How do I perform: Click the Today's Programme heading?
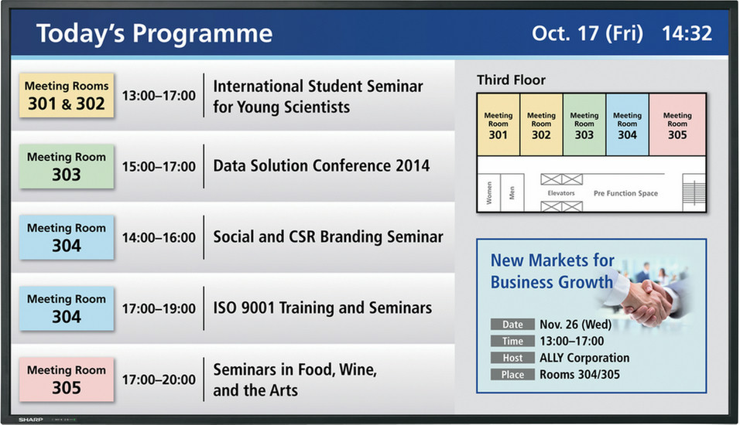[154, 34]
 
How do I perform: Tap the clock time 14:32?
[687, 33]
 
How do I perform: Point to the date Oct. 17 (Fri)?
[587, 33]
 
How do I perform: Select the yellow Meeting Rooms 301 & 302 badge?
[67, 95]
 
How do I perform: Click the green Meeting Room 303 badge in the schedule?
[67, 166]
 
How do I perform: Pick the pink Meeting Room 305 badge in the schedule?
[67, 379]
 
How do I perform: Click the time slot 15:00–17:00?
[159, 166]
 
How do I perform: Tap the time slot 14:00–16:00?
[159, 237]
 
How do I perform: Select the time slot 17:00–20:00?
[159, 379]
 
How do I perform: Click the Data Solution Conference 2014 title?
[321, 166]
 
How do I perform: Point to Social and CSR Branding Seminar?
[328, 236]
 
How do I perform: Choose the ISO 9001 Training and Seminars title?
[322, 308]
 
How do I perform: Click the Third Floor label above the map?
[511, 80]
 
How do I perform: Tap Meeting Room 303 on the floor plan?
[584, 125]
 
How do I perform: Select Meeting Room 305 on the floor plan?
[677, 125]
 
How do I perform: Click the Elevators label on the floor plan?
[561, 193]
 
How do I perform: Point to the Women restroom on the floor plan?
[489, 192]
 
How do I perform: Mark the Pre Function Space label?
[625, 193]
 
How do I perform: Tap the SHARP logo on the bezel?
[31, 420]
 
